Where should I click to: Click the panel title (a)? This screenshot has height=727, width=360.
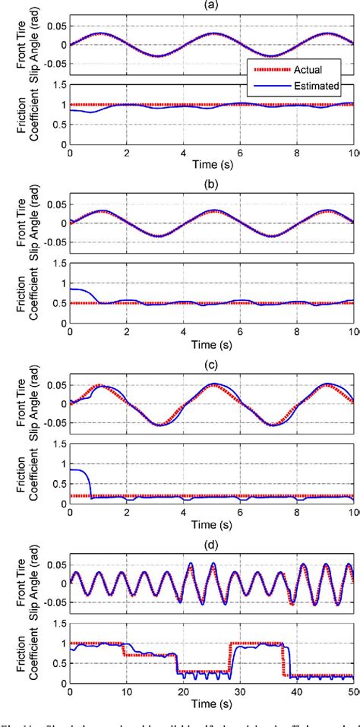pos(213,5)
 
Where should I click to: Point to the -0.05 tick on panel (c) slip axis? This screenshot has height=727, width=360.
pos(53,424)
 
